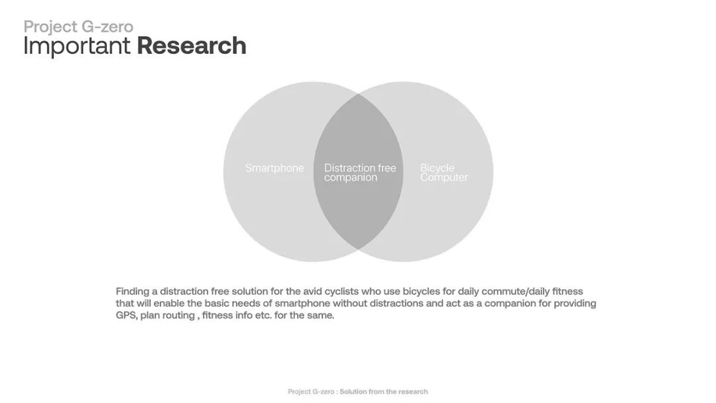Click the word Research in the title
[x=192, y=46]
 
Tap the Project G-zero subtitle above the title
[x=78, y=27]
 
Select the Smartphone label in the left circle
[x=274, y=168]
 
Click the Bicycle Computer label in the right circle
[x=444, y=172]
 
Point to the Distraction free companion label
[x=359, y=172]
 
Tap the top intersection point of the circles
[x=359, y=94]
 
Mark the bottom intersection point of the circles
[x=359, y=249]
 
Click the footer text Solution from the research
[x=384, y=392]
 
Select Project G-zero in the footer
[x=311, y=392]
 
